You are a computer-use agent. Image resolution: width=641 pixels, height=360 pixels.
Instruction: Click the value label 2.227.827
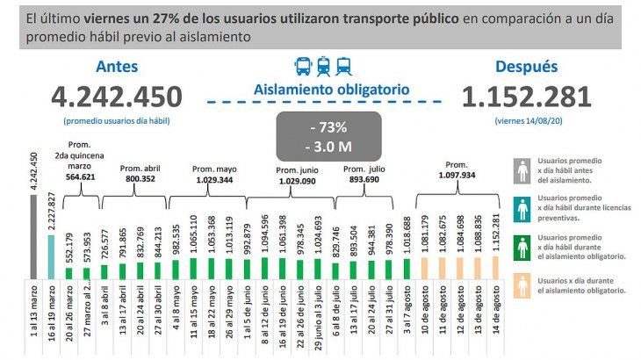[52, 211]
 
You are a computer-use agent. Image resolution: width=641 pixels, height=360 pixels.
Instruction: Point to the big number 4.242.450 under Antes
[117, 96]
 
